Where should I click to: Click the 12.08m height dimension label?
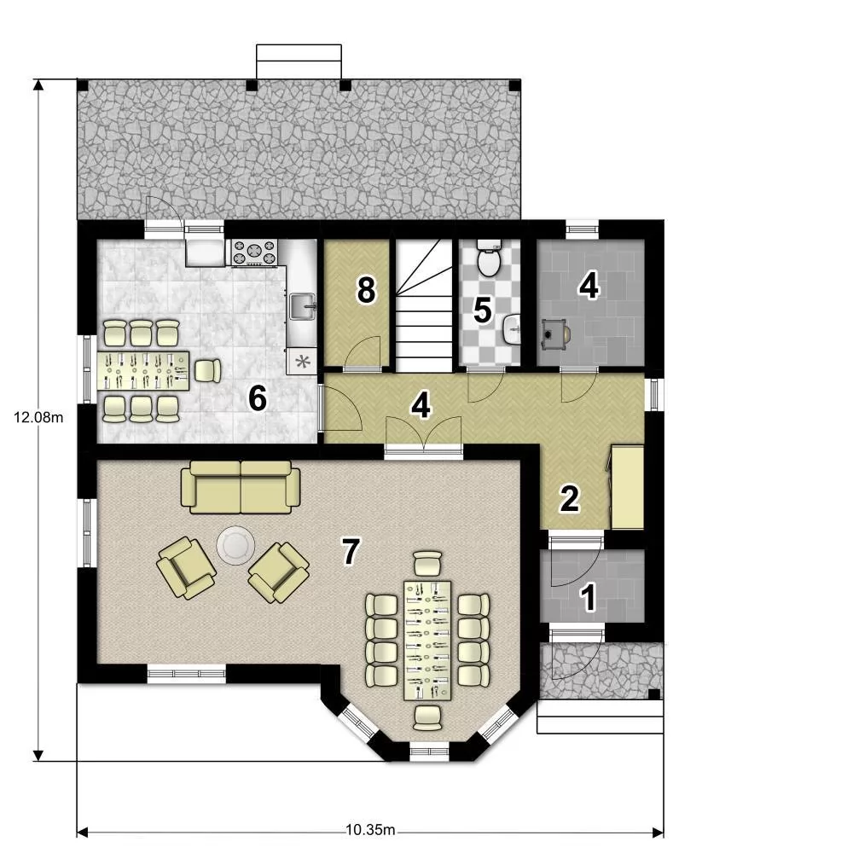(38, 417)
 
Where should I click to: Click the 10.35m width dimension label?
(370, 830)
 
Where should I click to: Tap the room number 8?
(366, 290)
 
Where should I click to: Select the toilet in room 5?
(489, 258)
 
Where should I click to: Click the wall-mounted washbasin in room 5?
(511, 329)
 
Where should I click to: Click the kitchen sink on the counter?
(303, 307)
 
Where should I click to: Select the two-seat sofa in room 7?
(240, 487)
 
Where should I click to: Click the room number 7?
(351, 550)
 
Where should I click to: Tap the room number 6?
(258, 397)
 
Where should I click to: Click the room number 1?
(588, 597)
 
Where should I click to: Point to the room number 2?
(570, 498)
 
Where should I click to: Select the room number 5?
(483, 310)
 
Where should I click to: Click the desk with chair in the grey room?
(556, 333)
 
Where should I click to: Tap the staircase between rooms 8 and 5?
(424, 305)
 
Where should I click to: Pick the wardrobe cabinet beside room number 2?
(627, 487)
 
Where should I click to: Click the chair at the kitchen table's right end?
(207, 371)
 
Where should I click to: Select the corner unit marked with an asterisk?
(302, 361)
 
